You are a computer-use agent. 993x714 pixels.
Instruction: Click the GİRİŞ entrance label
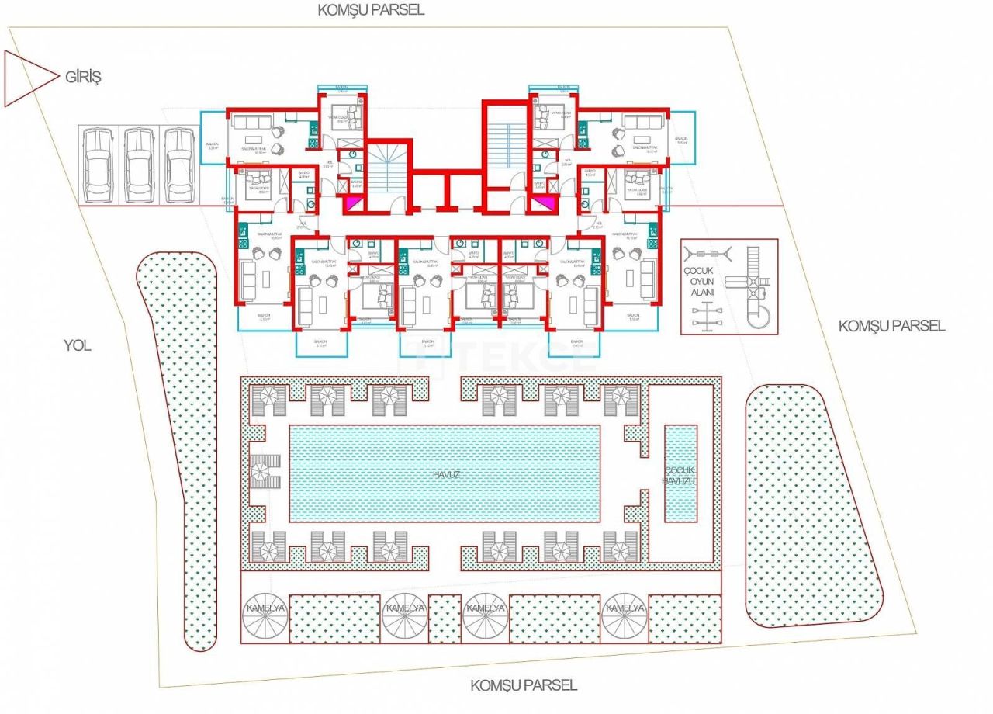click(x=84, y=77)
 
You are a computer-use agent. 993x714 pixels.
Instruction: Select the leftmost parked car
click(x=99, y=165)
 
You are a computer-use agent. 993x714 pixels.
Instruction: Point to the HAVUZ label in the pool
click(x=444, y=473)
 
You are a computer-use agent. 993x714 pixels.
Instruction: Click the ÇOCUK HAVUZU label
click(x=680, y=476)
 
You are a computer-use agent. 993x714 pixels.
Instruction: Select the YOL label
click(x=77, y=345)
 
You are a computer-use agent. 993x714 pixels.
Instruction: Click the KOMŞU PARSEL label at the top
click(x=371, y=10)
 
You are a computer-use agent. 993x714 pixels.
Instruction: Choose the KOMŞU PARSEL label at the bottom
click(x=524, y=685)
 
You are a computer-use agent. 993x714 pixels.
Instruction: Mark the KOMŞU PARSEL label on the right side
click(x=891, y=326)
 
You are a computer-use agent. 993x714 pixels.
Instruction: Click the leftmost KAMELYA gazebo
click(x=265, y=608)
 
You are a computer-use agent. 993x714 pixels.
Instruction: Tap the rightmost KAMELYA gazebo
click(x=625, y=608)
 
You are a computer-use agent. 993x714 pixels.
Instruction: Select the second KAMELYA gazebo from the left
click(x=405, y=608)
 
